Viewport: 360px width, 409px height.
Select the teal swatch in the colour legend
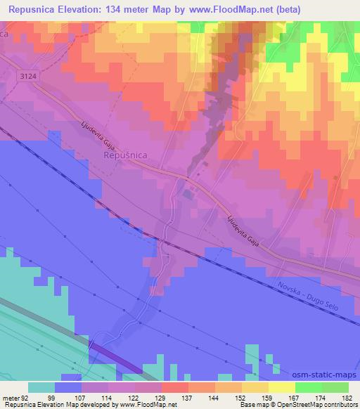click(x=41, y=387)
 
